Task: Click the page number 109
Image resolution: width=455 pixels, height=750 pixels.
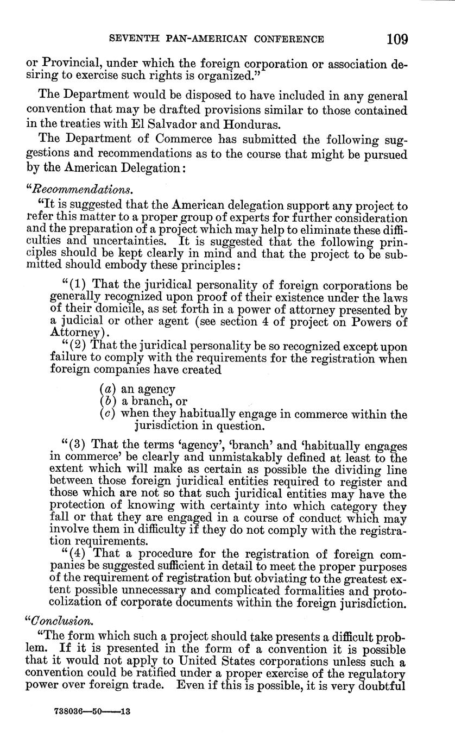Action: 397,39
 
